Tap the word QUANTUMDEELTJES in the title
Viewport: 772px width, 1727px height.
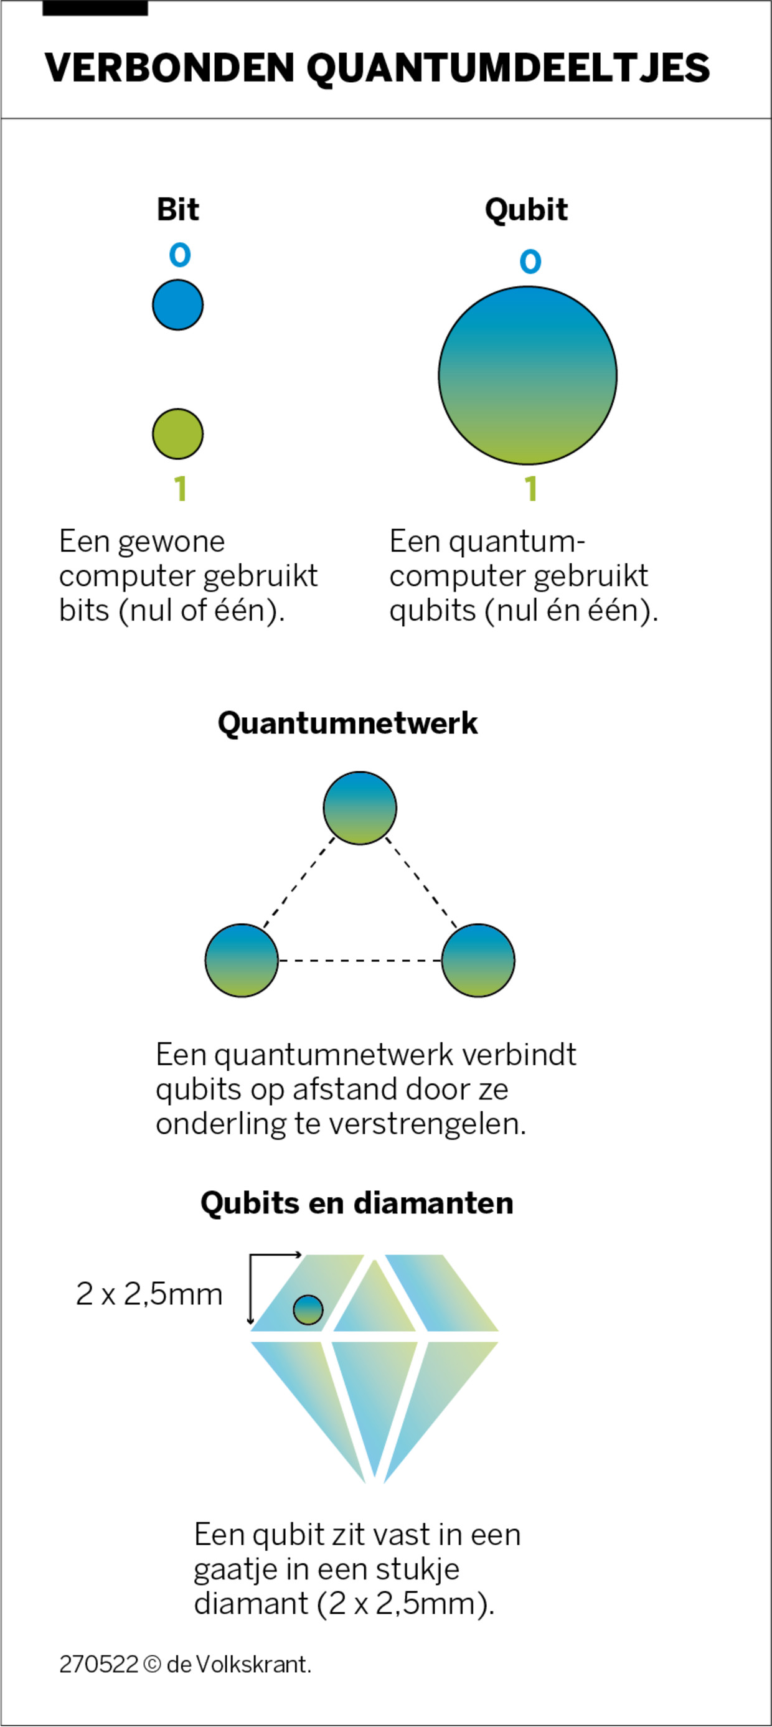(x=508, y=68)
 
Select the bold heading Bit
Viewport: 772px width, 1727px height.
(x=177, y=209)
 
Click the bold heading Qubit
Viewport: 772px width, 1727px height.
(x=526, y=209)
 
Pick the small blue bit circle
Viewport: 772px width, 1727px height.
(x=177, y=305)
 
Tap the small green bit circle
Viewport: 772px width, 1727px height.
(x=177, y=434)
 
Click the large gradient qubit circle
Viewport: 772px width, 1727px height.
(x=527, y=375)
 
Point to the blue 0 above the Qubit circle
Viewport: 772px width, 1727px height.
(x=530, y=261)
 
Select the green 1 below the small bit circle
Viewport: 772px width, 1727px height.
(x=180, y=488)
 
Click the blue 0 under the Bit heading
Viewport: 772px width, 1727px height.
(x=180, y=255)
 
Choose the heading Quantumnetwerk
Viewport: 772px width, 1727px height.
(x=347, y=723)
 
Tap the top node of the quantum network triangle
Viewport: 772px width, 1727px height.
(x=359, y=808)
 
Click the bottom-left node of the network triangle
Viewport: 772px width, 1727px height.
(x=242, y=960)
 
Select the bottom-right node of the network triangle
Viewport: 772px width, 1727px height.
(x=478, y=960)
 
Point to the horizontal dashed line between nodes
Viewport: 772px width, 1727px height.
(x=359, y=961)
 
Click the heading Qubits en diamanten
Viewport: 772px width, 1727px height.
(x=357, y=1203)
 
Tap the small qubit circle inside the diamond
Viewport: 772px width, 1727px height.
(x=308, y=1309)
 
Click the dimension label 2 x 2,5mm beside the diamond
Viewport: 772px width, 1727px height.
(x=149, y=1294)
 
